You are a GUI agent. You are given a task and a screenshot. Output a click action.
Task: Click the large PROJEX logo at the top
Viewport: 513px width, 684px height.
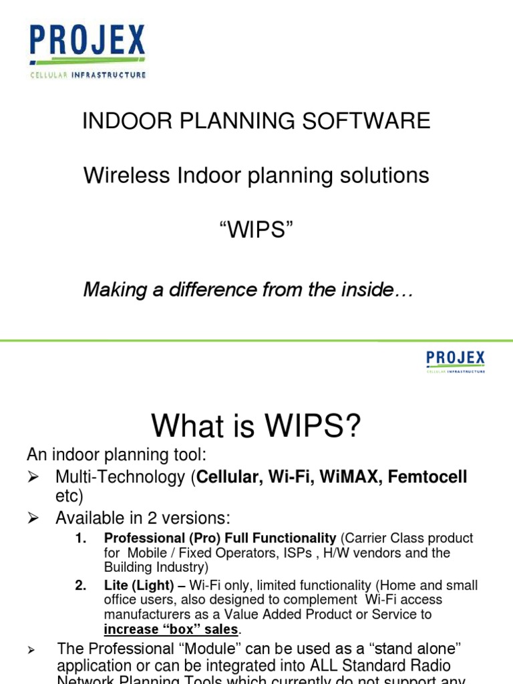click(x=87, y=49)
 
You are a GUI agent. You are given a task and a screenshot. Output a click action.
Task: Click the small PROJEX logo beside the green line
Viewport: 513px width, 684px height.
click(x=455, y=361)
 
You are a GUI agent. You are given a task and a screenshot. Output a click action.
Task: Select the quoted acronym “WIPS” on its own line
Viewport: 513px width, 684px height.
click(x=256, y=232)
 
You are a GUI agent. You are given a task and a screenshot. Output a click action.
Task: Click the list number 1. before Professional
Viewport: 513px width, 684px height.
click(x=81, y=538)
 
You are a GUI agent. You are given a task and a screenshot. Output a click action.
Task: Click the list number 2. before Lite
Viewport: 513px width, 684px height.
click(x=81, y=586)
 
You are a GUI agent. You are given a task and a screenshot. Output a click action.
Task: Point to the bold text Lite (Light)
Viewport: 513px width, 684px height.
click(x=139, y=586)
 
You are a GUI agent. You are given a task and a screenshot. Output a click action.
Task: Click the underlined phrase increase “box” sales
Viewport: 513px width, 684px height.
click(x=171, y=629)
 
